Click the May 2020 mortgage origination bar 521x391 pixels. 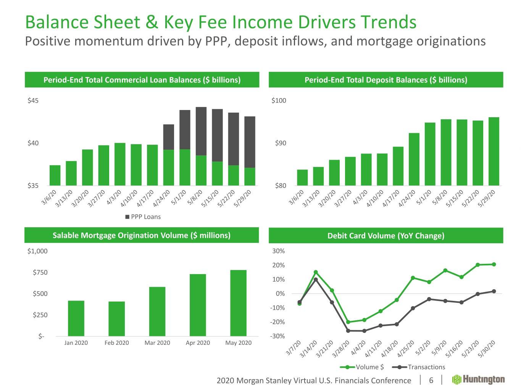238,303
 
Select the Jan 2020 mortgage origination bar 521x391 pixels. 76,318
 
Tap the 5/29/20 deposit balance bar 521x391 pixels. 494,151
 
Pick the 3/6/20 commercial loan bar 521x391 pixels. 55,175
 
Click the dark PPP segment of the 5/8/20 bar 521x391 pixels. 201,131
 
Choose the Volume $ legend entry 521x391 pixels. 362,367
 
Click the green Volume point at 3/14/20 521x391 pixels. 316,272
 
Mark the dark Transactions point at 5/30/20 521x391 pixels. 494,291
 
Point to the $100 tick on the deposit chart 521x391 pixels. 279,101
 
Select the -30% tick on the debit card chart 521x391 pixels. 278,336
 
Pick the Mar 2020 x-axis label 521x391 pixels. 157,343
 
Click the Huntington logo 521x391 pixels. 478,380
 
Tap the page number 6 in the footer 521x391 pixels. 431,380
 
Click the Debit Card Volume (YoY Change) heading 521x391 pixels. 386,236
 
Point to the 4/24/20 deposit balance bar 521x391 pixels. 414,159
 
